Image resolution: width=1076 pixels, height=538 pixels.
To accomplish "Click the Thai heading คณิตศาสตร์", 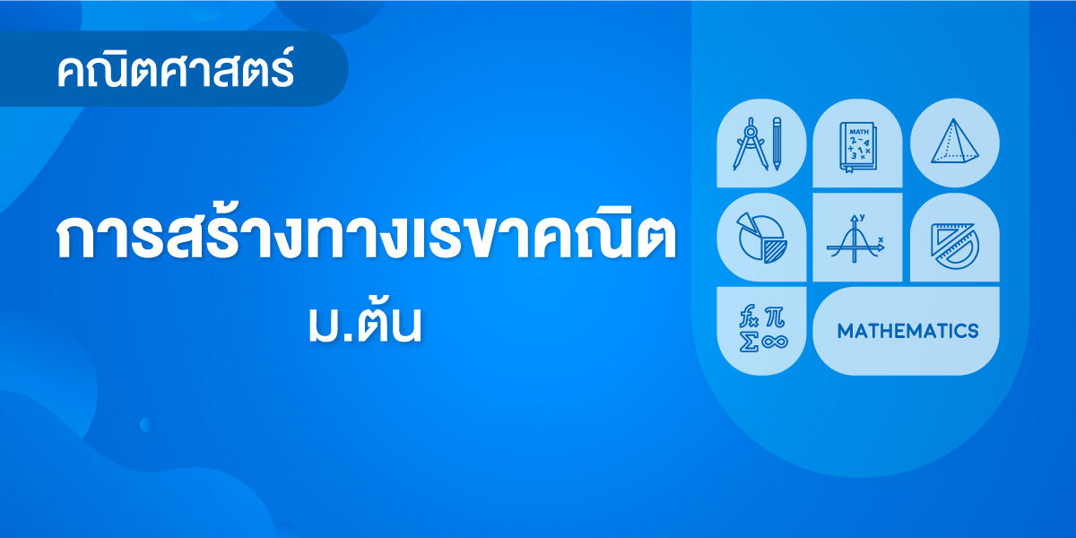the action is click(176, 69).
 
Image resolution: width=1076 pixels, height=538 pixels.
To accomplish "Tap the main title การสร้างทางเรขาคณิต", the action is click(366, 234).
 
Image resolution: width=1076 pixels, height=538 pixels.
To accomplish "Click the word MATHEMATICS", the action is click(907, 331).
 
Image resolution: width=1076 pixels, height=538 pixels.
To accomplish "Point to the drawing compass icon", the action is click(750, 144).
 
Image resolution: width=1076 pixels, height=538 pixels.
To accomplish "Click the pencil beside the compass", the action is click(777, 143).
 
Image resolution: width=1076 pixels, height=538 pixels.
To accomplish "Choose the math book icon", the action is click(858, 147).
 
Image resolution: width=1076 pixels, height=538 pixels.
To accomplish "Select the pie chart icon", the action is click(761, 238).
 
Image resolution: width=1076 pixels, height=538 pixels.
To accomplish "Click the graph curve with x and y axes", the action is click(855, 239).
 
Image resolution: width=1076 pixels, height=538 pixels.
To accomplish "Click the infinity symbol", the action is click(775, 342).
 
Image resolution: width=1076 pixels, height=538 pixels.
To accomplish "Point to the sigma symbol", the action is click(749, 342).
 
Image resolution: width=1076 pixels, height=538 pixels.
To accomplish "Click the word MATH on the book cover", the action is click(859, 131).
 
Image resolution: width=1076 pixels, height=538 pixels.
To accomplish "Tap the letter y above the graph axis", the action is click(863, 217).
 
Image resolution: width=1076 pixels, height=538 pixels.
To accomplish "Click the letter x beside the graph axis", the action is click(881, 239).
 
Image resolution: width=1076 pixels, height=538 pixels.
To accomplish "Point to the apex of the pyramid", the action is click(954, 118).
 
